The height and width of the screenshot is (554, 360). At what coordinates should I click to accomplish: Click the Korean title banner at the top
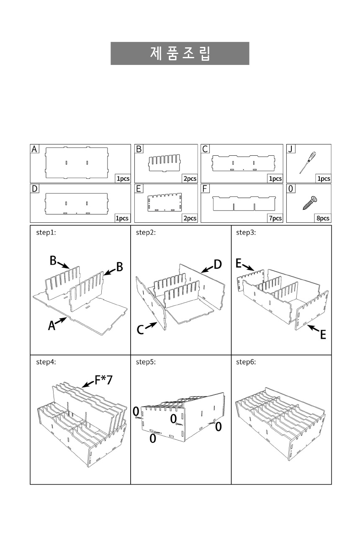(180, 54)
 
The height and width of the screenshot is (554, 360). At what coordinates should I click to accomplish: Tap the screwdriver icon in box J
(308, 162)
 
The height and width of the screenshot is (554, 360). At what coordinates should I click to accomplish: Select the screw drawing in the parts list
(310, 203)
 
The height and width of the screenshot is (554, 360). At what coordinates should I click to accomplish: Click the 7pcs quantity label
(275, 218)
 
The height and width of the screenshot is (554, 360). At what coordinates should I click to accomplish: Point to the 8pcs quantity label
(323, 218)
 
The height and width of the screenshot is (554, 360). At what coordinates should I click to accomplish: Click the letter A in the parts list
(34, 149)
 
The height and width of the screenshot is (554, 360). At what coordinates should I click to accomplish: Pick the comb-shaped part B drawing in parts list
(165, 163)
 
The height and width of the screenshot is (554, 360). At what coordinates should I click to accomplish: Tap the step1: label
(46, 232)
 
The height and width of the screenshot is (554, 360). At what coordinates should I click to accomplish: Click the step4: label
(46, 362)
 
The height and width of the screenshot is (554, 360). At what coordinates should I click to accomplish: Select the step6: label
(246, 362)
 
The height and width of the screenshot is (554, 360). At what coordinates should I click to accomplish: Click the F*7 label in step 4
(103, 380)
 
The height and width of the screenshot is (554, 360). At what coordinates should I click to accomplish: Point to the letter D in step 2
(218, 264)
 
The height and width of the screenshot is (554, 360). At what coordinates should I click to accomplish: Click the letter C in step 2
(140, 330)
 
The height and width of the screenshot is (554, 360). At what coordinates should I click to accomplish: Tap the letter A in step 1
(51, 325)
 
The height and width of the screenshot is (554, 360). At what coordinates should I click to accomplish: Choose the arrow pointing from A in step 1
(61, 320)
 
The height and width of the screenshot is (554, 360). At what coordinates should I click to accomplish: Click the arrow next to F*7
(88, 384)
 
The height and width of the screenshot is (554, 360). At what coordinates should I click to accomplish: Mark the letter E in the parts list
(139, 189)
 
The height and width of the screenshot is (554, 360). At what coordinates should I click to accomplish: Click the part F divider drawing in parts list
(244, 203)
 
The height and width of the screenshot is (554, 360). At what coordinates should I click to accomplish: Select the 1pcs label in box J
(324, 178)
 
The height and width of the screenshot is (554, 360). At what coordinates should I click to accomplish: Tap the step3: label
(246, 232)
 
